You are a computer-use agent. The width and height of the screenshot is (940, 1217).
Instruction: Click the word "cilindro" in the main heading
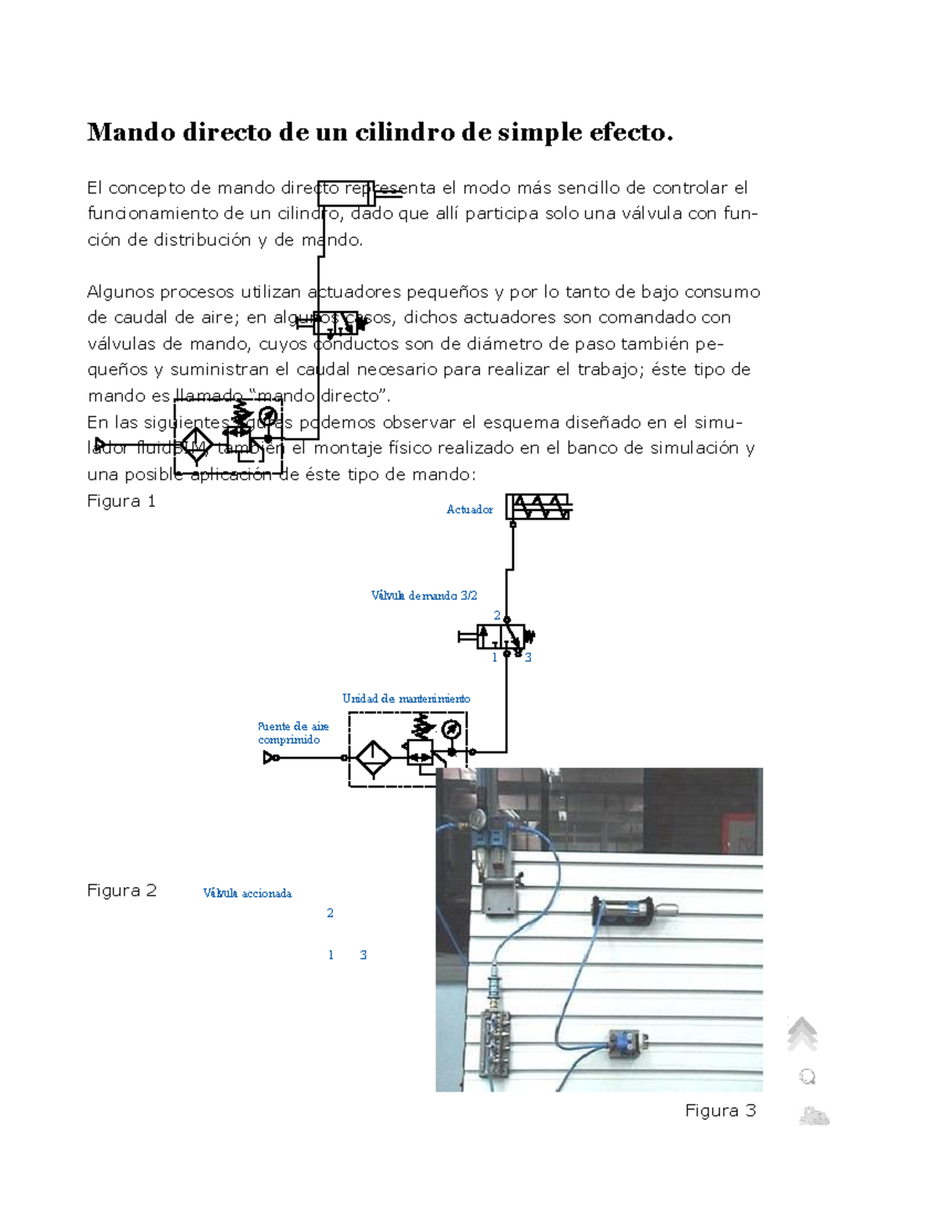[404, 132]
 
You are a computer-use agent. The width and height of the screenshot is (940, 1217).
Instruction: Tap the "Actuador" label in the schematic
[469, 509]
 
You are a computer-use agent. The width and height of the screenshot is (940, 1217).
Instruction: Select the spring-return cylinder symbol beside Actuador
[538, 507]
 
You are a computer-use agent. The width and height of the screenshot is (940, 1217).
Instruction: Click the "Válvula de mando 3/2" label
[424, 596]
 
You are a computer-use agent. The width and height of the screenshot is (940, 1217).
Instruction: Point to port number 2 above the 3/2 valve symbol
[497, 616]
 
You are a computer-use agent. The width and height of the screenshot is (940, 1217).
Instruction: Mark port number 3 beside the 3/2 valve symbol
[529, 658]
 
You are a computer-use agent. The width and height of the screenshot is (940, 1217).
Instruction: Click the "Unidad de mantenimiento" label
[406, 698]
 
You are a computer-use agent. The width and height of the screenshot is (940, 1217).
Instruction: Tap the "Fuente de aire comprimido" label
[293, 733]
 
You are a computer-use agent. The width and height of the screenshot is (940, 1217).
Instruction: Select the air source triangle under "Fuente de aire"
[270, 758]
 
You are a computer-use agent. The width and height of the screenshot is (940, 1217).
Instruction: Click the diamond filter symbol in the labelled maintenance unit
[373, 758]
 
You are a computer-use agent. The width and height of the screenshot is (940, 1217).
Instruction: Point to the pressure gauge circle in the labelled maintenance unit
[450, 730]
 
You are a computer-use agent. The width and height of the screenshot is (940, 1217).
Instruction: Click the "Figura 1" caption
[121, 502]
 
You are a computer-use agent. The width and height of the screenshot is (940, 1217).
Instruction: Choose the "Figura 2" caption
[121, 891]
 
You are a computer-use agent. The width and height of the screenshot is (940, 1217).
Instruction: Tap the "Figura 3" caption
[720, 1110]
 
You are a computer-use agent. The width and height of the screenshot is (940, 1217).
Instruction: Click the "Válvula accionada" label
[247, 893]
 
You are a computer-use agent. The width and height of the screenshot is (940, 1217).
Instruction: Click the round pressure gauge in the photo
[477, 820]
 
